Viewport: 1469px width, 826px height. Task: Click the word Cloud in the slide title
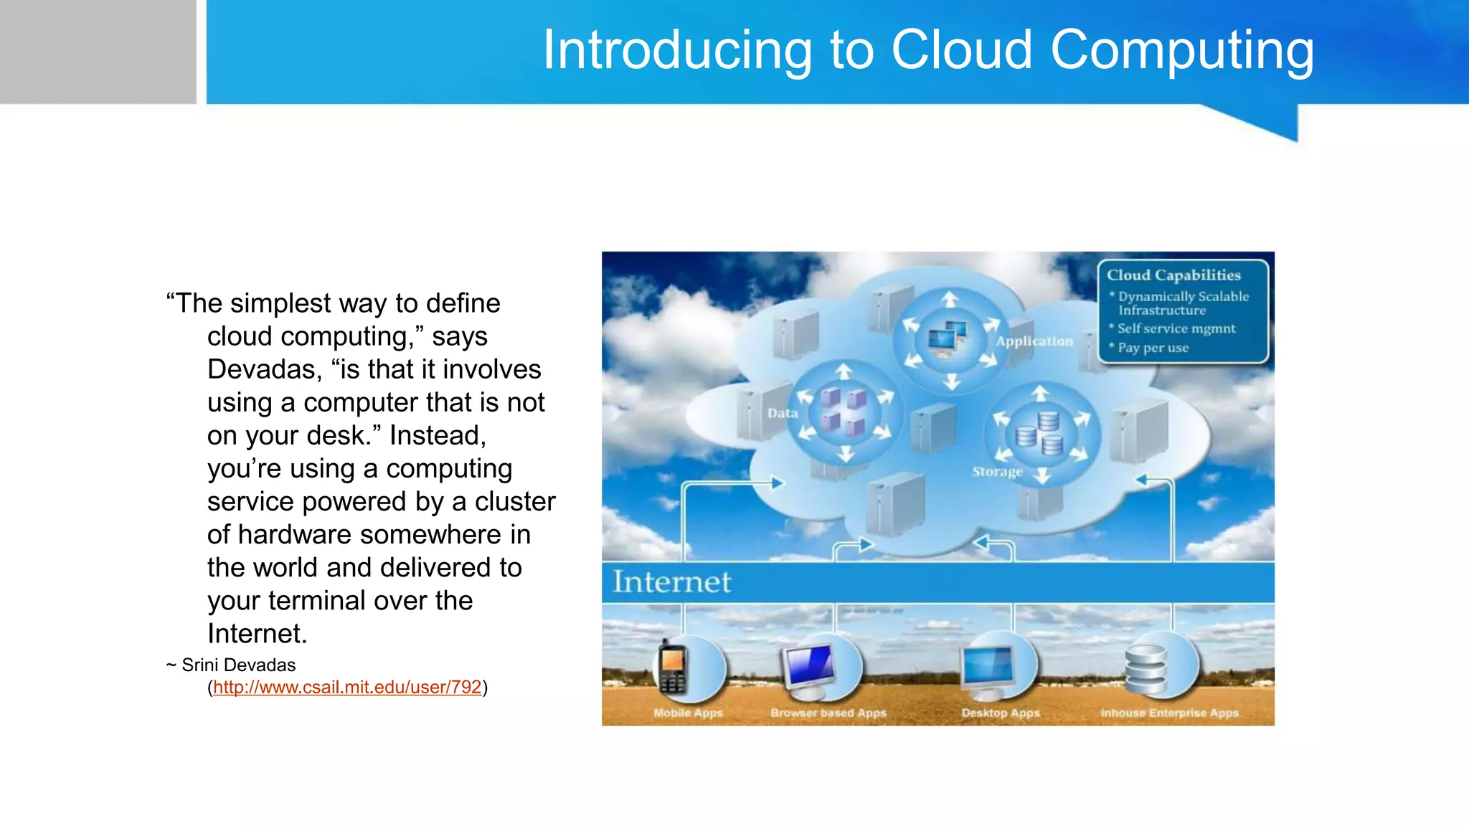(961, 50)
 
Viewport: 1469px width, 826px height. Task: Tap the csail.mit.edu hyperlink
(347, 687)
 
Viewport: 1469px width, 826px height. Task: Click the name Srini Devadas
(238, 665)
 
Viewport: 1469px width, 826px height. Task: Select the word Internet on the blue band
(672, 581)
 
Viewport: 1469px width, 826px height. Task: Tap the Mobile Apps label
(688, 713)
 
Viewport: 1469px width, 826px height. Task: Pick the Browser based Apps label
(828, 713)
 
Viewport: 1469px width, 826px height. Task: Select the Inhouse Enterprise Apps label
(1169, 713)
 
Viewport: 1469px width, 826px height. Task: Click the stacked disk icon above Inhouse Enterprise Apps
(1146, 669)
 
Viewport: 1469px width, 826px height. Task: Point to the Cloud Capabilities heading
(1173, 275)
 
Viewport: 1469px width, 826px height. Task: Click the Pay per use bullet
(1153, 348)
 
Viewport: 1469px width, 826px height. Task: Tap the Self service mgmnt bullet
(1176, 328)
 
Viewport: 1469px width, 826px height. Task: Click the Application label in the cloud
(1034, 341)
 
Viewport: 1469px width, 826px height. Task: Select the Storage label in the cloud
(997, 471)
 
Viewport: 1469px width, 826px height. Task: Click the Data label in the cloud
(783, 413)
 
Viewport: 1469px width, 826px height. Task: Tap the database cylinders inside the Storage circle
(1040, 433)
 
